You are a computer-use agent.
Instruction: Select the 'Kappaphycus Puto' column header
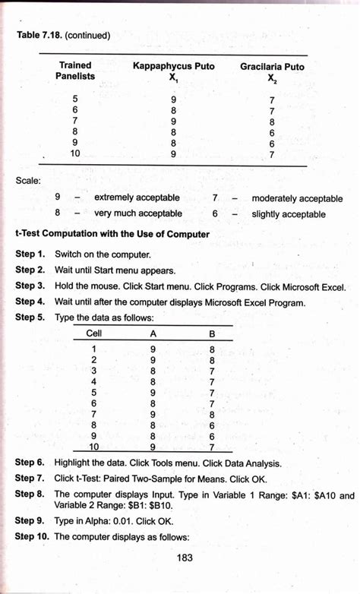click(173, 67)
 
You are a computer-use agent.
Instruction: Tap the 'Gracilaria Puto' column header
click(272, 67)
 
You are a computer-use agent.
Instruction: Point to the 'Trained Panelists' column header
click(75, 71)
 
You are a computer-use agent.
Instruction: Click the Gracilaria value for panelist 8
click(271, 131)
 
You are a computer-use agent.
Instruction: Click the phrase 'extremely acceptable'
click(137, 197)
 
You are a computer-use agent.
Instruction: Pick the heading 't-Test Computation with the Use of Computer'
click(112, 234)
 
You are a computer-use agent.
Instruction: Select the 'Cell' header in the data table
click(95, 333)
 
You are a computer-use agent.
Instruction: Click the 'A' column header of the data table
click(153, 333)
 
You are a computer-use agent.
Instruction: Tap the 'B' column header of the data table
click(212, 333)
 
